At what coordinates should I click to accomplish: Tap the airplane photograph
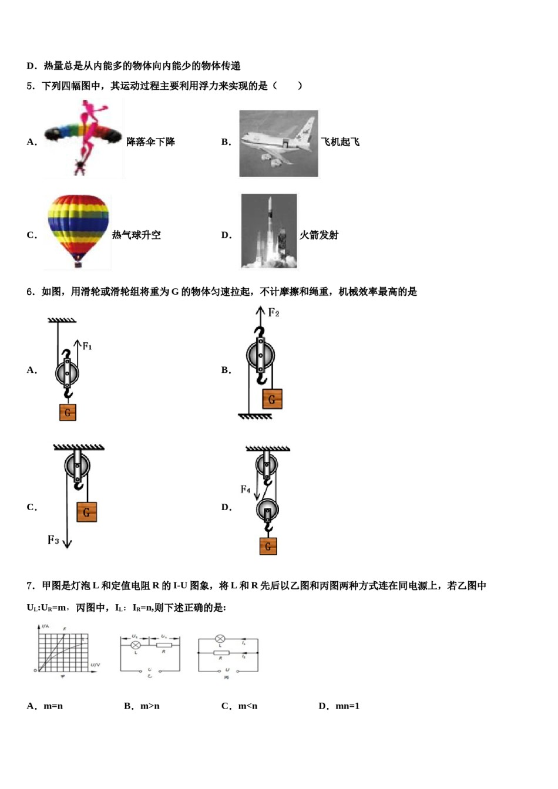point(278,143)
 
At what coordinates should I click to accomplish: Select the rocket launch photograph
point(269,231)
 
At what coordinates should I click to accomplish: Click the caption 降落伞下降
point(151,142)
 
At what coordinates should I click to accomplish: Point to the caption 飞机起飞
point(340,142)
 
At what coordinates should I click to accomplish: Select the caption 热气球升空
point(136,235)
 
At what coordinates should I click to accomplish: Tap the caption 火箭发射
point(319,235)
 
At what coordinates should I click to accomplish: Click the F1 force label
point(87,346)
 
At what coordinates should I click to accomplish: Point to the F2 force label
point(274,312)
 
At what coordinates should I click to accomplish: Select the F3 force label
point(53,540)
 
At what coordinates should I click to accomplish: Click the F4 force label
point(246,489)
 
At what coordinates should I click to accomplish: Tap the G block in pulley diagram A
point(68,412)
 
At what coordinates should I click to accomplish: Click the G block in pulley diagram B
point(272,399)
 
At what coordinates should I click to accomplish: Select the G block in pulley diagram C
point(86,512)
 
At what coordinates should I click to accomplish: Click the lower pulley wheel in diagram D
point(267,510)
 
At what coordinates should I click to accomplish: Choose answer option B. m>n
point(142,706)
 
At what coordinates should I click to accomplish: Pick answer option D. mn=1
point(339,706)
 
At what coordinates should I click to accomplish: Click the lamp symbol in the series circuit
point(136,645)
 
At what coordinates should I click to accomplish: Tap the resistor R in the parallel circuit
point(221,653)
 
